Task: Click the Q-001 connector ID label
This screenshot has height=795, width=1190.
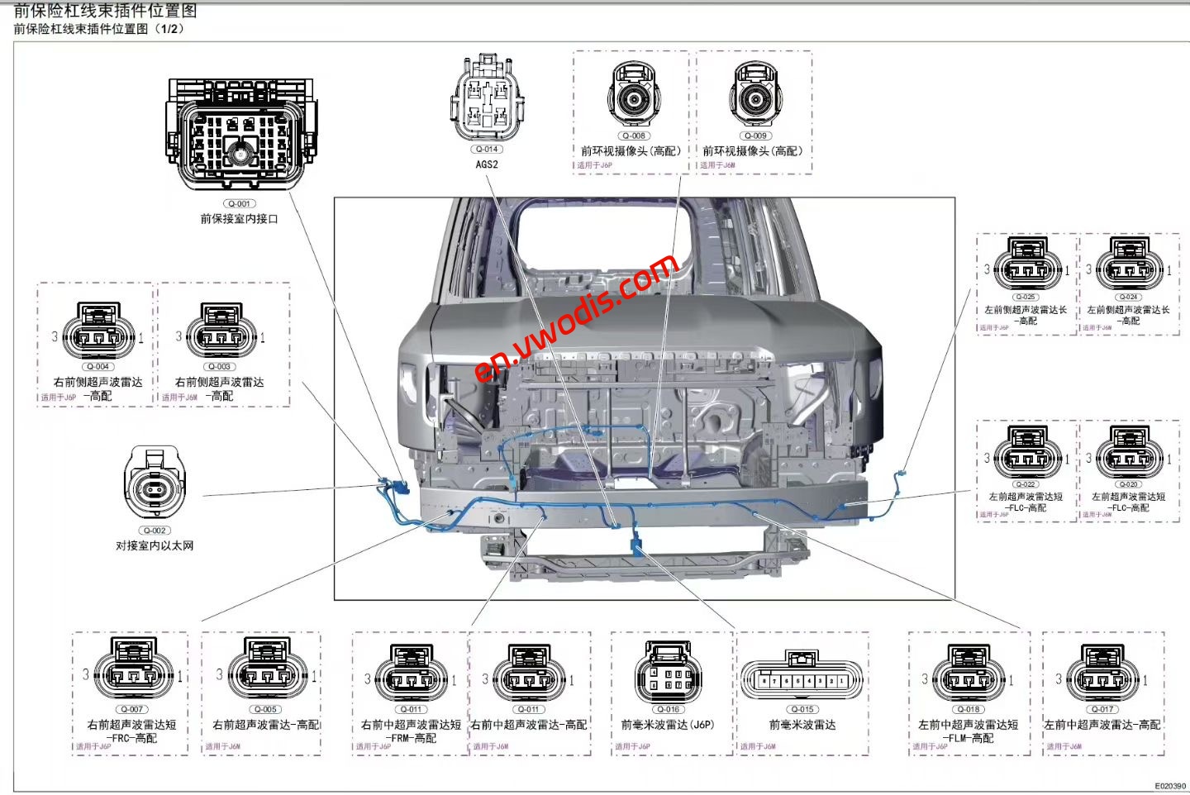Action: pyautogui.click(x=239, y=203)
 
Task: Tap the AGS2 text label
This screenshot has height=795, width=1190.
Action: pyautogui.click(x=487, y=164)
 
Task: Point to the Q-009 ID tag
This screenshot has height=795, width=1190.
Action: pyautogui.click(x=755, y=136)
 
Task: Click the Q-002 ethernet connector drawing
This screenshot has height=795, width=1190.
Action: pyautogui.click(x=155, y=485)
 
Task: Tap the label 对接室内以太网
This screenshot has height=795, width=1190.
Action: pyautogui.click(x=155, y=545)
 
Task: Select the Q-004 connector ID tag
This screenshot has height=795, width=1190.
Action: pyautogui.click(x=98, y=366)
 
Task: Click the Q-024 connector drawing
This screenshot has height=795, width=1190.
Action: pyautogui.click(x=1129, y=264)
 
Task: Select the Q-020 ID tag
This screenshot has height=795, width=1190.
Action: pyautogui.click(x=1129, y=484)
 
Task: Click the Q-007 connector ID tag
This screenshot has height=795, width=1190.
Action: pyautogui.click(x=132, y=709)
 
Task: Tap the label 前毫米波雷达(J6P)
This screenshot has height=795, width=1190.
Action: pyautogui.click(x=668, y=725)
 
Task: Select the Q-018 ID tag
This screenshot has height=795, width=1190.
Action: pyautogui.click(x=969, y=709)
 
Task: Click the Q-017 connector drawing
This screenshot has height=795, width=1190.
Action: pyautogui.click(x=1102, y=674)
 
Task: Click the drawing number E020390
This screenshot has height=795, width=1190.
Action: pyautogui.click(x=1169, y=786)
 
